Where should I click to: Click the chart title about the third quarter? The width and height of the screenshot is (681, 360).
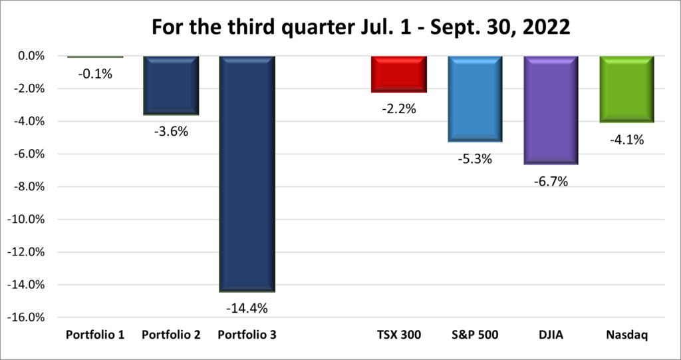click(340, 28)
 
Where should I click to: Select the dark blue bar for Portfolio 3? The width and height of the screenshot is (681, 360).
click(247, 173)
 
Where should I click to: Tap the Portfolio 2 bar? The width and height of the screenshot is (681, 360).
click(171, 85)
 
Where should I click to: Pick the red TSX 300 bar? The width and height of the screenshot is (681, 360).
click(399, 74)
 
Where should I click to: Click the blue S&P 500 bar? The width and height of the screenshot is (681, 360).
click(475, 99)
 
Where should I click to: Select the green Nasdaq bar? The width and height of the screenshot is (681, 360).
click(627, 89)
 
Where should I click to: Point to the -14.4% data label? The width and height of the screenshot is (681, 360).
click(247, 308)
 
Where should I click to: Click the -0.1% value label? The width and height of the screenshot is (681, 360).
click(95, 74)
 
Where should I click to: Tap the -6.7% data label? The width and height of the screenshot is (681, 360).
click(551, 181)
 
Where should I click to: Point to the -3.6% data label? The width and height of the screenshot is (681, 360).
click(171, 131)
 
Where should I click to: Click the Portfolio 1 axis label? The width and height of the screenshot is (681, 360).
click(95, 335)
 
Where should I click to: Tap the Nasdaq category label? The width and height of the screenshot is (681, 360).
click(627, 335)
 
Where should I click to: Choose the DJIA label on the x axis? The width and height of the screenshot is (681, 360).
click(551, 335)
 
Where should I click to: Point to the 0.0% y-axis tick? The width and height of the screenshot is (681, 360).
click(29, 57)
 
